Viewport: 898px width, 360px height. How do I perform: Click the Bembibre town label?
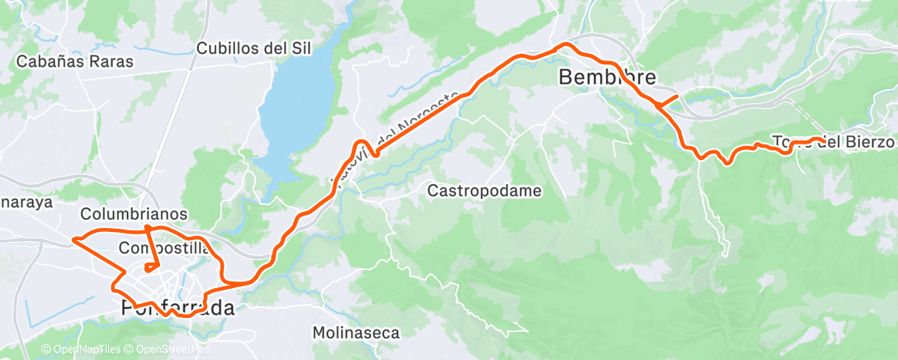tap(607, 78)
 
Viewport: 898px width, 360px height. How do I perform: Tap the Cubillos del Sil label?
tap(253, 48)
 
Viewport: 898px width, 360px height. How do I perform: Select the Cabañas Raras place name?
tap(75, 61)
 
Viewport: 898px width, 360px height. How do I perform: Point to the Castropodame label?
tap(484, 191)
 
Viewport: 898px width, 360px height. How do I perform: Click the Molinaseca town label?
tap(356, 333)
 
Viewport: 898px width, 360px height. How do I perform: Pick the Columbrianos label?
tap(134, 214)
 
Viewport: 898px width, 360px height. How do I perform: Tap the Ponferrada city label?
tap(173, 308)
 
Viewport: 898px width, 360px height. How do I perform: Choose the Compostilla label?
tap(163, 248)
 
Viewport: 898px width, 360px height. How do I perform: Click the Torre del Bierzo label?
tap(834, 142)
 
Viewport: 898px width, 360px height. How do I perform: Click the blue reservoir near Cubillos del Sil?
tap(297, 107)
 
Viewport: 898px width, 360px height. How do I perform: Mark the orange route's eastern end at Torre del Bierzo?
tap(819, 139)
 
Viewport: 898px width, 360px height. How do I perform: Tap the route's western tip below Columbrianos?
tap(73, 239)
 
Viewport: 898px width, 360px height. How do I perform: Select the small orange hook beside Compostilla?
tap(151, 266)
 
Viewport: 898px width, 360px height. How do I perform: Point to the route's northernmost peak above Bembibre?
tap(565, 44)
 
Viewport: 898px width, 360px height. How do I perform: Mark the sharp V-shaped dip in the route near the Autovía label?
tap(374, 154)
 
